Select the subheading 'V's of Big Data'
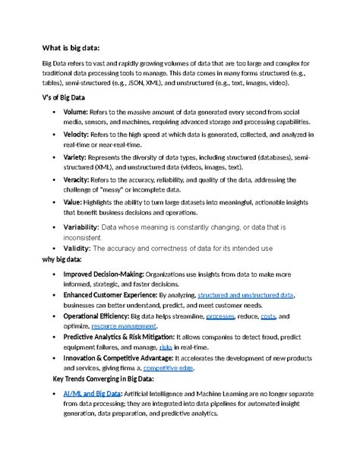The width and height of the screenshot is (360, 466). point(69,99)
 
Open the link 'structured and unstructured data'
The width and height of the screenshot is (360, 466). point(245,294)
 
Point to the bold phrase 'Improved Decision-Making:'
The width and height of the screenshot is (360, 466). point(103,273)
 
